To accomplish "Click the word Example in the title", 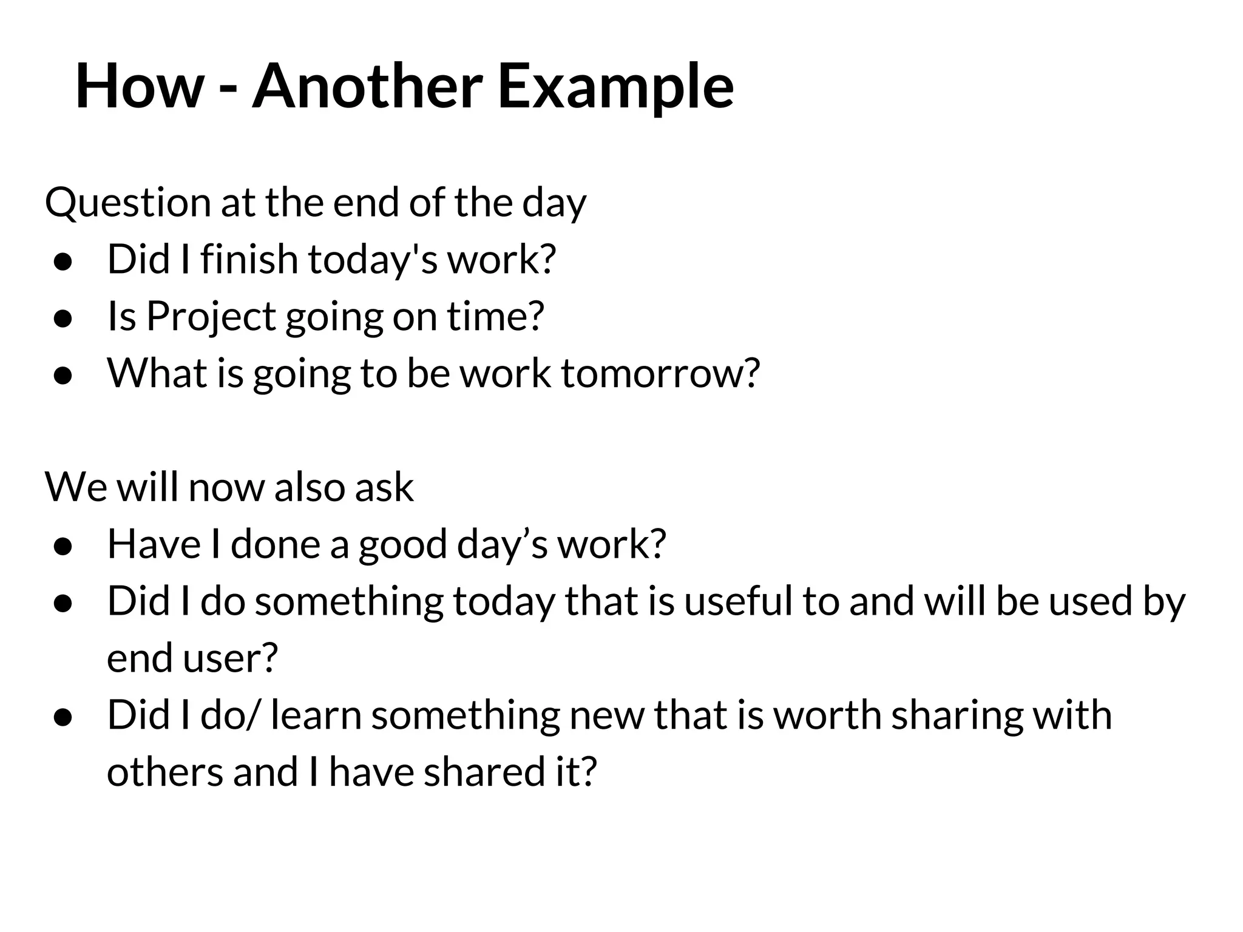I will pyautogui.click(x=615, y=86).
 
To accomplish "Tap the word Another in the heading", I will pyautogui.click(x=368, y=86).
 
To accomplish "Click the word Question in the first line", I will pyautogui.click(x=128, y=203).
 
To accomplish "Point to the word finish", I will pyautogui.click(x=249, y=259).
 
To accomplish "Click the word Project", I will pyautogui.click(x=211, y=317).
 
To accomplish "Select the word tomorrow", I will pyautogui.click(x=660, y=373).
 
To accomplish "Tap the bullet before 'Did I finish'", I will pyautogui.click(x=63, y=262).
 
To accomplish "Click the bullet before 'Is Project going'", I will pyautogui.click(x=63, y=319).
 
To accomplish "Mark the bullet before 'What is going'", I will pyautogui.click(x=63, y=376).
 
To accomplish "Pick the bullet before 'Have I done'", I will pyautogui.click(x=63, y=547).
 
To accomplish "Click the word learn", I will pyautogui.click(x=316, y=715).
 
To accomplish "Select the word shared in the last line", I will pyautogui.click(x=484, y=772).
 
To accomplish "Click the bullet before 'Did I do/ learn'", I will pyautogui.click(x=63, y=718).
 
